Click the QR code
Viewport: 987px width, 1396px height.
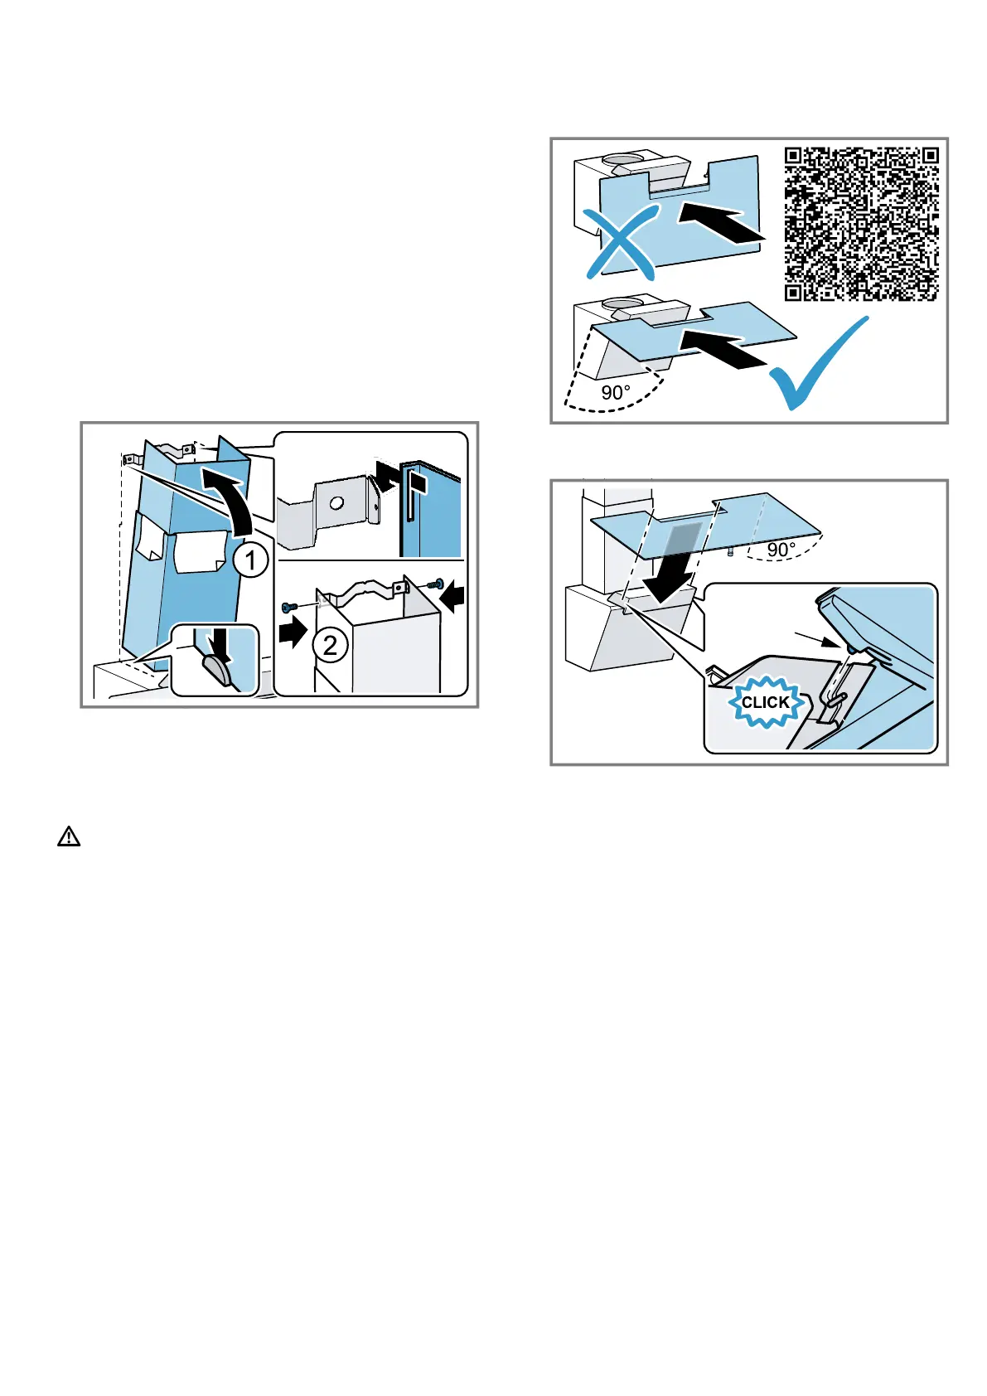point(861,224)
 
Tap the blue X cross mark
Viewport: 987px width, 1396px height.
point(621,243)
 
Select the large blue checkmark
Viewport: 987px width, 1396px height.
point(819,366)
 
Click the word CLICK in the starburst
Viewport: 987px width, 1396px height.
point(765,702)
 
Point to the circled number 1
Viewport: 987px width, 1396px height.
point(250,560)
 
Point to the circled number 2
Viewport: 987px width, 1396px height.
point(330,644)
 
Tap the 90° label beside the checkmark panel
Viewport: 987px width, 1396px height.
point(616,392)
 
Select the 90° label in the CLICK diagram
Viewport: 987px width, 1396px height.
point(781,550)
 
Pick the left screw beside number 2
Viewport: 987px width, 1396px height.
point(288,606)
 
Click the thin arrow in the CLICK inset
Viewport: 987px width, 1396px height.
point(818,639)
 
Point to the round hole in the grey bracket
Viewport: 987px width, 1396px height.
point(335,502)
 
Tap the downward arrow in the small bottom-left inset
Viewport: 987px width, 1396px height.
point(222,644)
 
